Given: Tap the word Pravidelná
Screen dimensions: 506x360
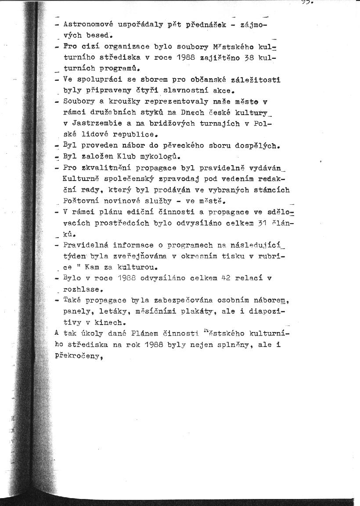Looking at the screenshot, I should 86,245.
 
